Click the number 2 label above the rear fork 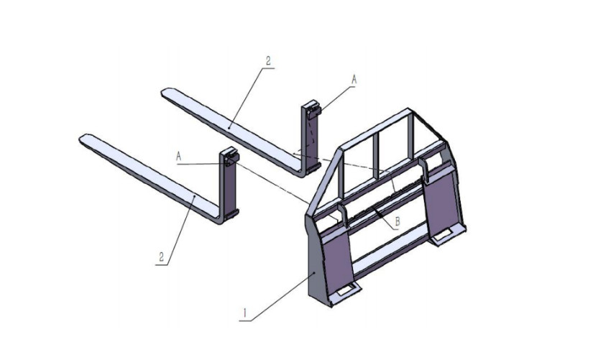click(268, 62)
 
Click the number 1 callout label click(246, 313)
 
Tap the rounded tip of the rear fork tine click(166, 92)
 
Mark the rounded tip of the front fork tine click(85, 138)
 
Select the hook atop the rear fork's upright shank click(311, 109)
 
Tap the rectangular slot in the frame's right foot click(447, 231)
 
